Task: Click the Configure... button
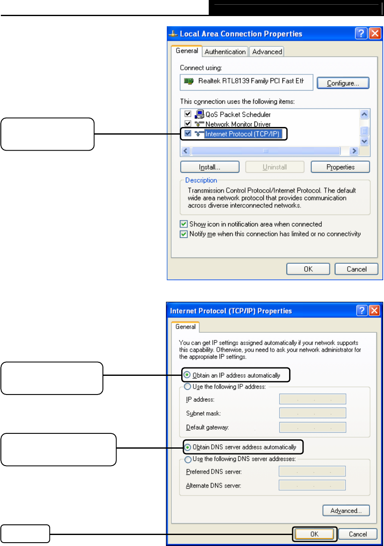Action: (343, 83)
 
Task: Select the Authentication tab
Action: (225, 52)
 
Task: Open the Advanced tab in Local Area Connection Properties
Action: (267, 52)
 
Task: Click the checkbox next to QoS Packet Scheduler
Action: (188, 114)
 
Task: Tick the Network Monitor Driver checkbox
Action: (188, 124)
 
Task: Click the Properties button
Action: (340, 167)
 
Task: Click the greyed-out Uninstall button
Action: (275, 167)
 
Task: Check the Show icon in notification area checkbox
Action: (184, 224)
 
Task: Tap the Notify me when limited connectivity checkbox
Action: (184, 234)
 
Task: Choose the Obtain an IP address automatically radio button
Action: (188, 375)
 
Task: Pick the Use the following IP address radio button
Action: (188, 386)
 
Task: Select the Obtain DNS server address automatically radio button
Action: (188, 447)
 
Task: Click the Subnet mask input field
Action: (312, 413)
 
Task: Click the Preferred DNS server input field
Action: (312, 472)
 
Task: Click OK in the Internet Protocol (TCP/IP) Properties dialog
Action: (314, 534)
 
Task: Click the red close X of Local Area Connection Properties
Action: (375, 34)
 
